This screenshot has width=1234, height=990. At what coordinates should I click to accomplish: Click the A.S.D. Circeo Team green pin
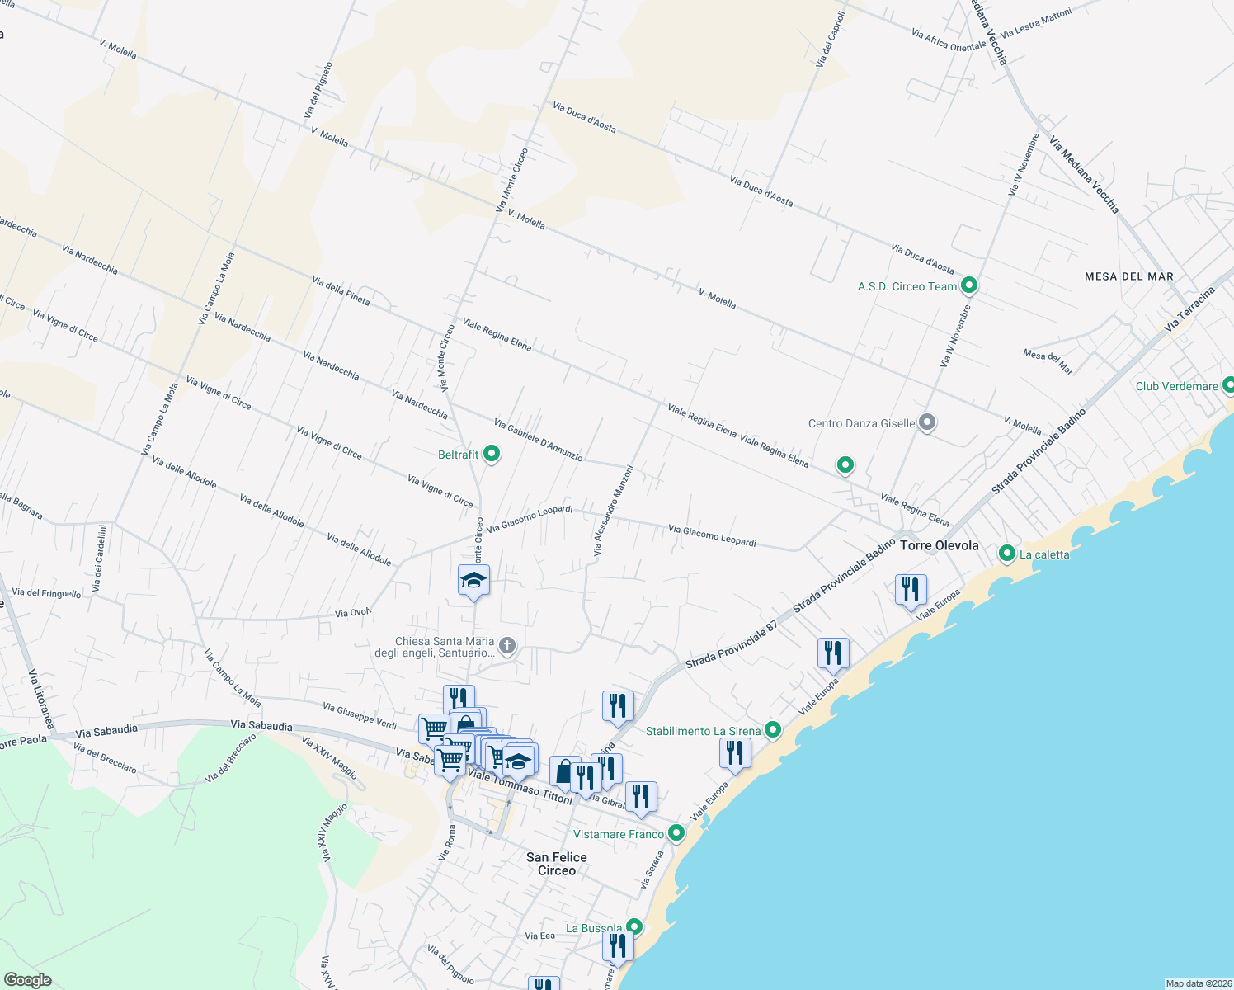click(969, 285)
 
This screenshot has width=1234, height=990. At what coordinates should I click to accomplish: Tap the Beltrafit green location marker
click(492, 454)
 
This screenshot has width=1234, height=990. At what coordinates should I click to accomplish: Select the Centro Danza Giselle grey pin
click(927, 423)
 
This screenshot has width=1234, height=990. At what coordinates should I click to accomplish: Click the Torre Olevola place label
click(939, 545)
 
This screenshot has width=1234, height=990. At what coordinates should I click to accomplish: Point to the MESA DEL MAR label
click(1128, 276)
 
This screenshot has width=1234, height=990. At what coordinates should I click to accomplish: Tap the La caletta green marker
click(1006, 554)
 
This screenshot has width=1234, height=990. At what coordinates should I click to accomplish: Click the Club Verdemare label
click(1176, 386)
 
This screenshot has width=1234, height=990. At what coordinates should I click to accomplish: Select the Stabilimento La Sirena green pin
click(773, 730)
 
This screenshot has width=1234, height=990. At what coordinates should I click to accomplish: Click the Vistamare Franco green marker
click(676, 833)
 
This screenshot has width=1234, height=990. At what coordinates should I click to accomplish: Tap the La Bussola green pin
click(633, 927)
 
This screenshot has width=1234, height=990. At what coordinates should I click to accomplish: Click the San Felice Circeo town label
click(557, 864)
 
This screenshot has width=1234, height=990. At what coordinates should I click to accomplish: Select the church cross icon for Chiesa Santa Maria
click(507, 645)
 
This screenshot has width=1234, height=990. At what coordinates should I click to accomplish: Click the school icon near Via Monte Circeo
click(473, 581)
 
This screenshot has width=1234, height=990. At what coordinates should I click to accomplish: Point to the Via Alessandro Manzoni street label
click(614, 510)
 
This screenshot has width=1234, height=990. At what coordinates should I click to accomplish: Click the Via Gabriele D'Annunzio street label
click(538, 440)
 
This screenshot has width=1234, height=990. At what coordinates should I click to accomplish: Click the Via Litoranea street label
click(41, 698)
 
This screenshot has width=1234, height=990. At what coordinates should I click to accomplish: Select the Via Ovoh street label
click(353, 613)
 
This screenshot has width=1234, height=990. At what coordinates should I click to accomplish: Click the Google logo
click(28, 979)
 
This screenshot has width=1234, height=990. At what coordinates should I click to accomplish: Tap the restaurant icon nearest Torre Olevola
click(911, 590)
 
